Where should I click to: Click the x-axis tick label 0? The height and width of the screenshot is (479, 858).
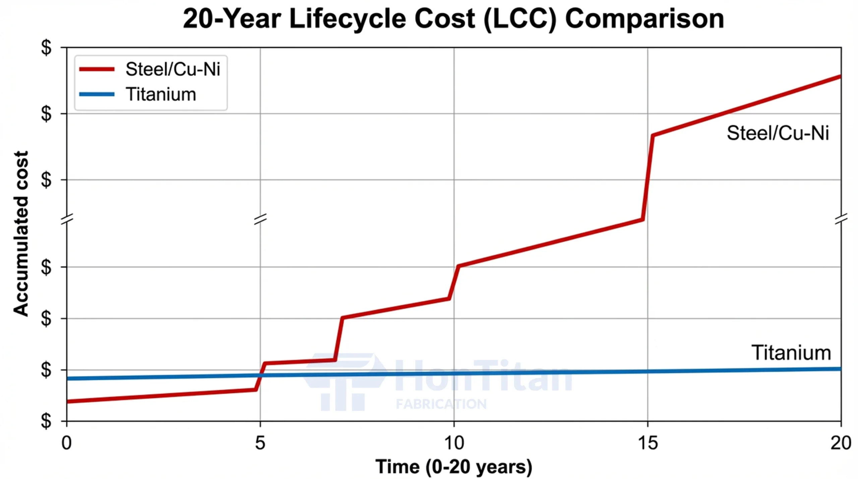[x=66, y=443]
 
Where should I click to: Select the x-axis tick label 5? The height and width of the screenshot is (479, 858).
[x=260, y=443]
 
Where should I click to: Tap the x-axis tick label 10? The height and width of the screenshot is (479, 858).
[x=454, y=443]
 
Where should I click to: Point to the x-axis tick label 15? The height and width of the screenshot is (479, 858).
[x=648, y=443]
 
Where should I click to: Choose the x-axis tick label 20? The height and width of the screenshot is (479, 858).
[x=841, y=443]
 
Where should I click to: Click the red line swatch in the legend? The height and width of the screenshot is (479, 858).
[x=97, y=69]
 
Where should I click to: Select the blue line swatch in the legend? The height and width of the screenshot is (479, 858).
[x=97, y=94]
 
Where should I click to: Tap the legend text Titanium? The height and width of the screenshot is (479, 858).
[x=161, y=94]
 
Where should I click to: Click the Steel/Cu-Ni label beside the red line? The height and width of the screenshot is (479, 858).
[x=778, y=133]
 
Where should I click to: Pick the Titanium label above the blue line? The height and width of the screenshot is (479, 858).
[x=791, y=353]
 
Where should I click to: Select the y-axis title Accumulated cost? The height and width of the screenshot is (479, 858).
[x=21, y=233]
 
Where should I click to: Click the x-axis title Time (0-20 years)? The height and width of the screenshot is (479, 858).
[x=454, y=467]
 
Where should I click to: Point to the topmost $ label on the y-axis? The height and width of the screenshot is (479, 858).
[x=46, y=47]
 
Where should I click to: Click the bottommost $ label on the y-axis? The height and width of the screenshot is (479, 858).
[x=46, y=421]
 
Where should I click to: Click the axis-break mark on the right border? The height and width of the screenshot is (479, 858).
[x=841, y=219]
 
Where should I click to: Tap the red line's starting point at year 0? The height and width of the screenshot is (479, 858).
[x=67, y=401]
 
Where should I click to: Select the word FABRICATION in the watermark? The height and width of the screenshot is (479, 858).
[x=441, y=404]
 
